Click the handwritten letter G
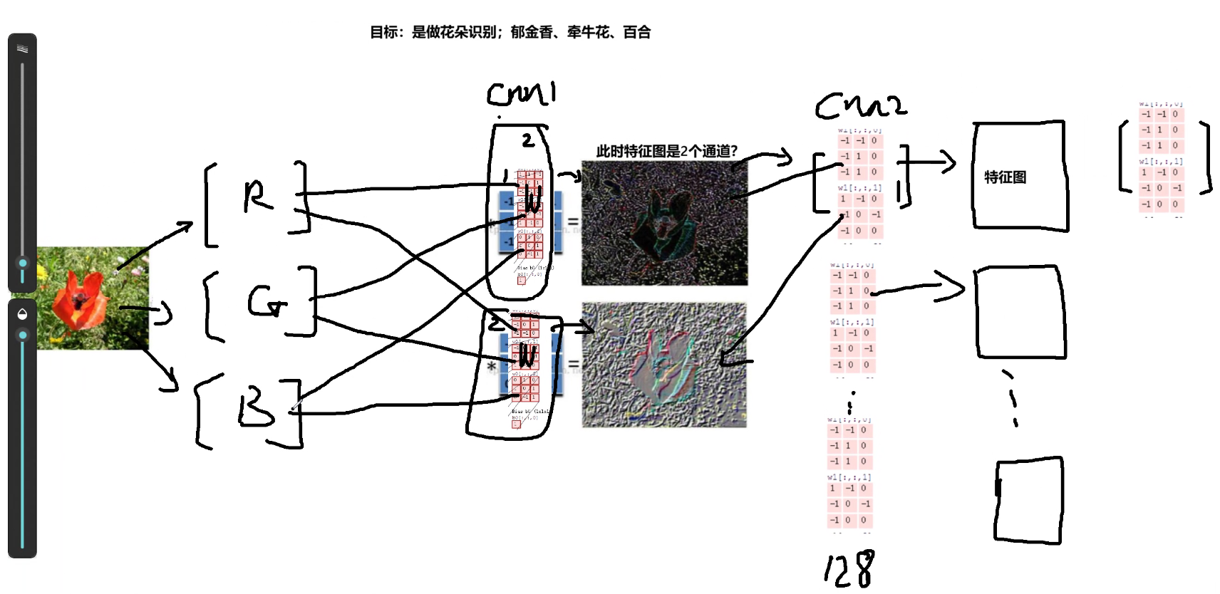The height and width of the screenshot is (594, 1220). pos(267,302)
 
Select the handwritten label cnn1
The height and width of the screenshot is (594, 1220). pos(522,94)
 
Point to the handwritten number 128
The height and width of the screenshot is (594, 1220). pos(849,570)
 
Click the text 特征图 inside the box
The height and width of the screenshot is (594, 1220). pos(1005,177)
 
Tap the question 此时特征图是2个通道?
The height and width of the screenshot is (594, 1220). pos(666,151)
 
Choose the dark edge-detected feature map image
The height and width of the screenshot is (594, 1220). pos(664,223)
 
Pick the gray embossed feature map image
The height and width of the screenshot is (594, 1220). pos(664,365)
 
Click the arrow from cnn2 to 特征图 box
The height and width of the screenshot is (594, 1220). pos(930,162)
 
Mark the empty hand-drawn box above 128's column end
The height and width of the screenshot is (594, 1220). pos(1028,500)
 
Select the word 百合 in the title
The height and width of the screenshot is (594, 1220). pos(636,32)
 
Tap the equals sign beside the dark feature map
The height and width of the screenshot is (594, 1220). pos(572,222)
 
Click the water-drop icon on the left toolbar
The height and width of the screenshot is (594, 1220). pos(22,314)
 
